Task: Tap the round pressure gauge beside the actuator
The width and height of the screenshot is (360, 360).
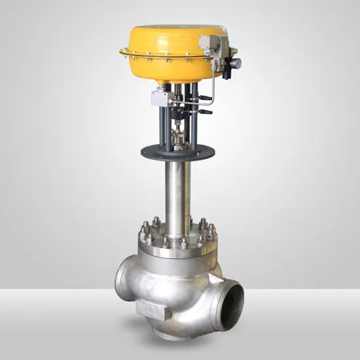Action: (x=234, y=63)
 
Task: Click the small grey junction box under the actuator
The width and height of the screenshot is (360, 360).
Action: (x=160, y=98)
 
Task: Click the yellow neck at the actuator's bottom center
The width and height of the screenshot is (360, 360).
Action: (x=173, y=82)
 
